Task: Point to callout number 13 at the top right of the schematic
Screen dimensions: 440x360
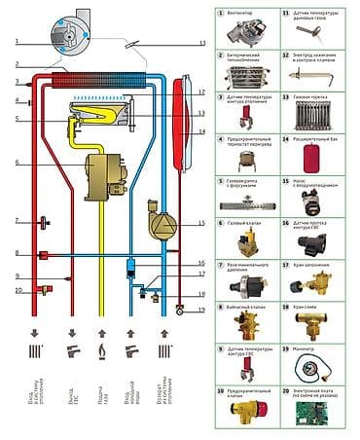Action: coord(202,44)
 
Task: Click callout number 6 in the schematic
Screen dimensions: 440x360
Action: coord(18,162)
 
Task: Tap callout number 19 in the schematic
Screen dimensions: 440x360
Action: coord(202,310)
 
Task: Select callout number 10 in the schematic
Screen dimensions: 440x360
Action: coord(18,290)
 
